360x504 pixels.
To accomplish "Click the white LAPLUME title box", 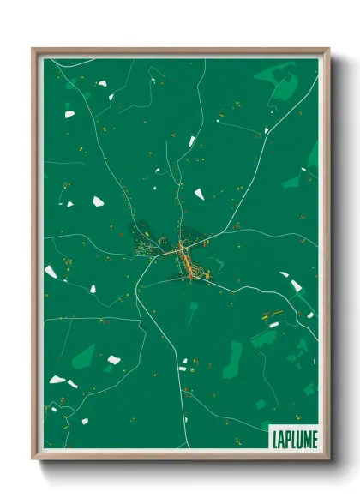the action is click(x=292, y=437).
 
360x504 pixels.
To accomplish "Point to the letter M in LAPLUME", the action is click(x=303, y=438).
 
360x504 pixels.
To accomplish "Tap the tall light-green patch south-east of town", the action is click(x=232, y=358).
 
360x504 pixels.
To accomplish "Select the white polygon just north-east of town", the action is click(x=199, y=194).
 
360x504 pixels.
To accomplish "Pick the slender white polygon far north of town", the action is click(x=191, y=141).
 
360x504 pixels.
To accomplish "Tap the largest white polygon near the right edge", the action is click(x=296, y=285).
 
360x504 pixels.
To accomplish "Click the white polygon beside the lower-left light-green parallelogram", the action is click(x=114, y=360).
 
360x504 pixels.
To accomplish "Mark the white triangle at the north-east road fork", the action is click(x=266, y=131).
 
